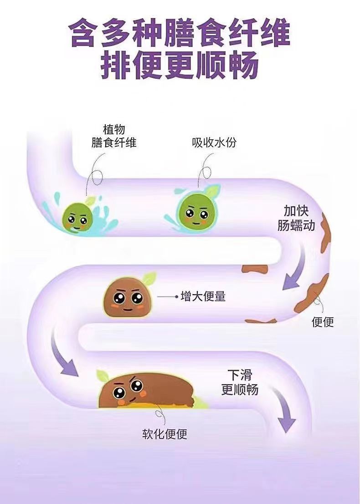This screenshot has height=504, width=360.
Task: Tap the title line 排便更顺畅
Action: point(180,66)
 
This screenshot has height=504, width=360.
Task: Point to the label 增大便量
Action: point(203,297)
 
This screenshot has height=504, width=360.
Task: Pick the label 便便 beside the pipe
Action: point(323,322)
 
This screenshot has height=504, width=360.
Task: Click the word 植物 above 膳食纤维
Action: point(114,129)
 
